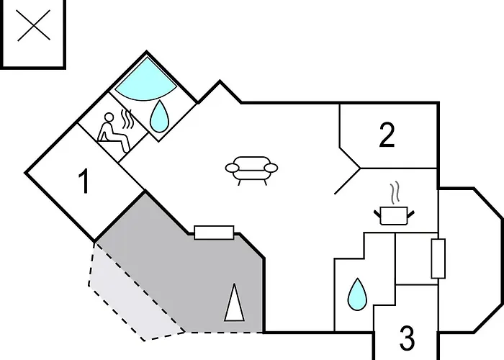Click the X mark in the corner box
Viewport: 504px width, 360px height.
33,25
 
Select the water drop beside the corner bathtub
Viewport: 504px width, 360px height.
160,117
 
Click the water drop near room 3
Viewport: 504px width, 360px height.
357,294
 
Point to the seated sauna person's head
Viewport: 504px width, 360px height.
109,117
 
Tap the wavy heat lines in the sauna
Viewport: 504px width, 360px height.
127,120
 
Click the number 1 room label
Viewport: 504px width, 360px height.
84,181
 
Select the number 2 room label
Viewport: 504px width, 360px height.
387,135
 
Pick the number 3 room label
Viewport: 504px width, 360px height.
408,338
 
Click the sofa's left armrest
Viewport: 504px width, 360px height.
233,168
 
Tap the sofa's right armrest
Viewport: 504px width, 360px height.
271,168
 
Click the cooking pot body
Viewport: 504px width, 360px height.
394,216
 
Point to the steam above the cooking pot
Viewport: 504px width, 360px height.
395,193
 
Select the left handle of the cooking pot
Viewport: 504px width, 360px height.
377,213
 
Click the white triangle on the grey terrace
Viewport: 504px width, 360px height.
234,302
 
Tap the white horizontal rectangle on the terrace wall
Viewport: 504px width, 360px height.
214,233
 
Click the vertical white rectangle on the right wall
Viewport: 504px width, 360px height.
438,258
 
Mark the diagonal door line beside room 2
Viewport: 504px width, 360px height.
348,181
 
